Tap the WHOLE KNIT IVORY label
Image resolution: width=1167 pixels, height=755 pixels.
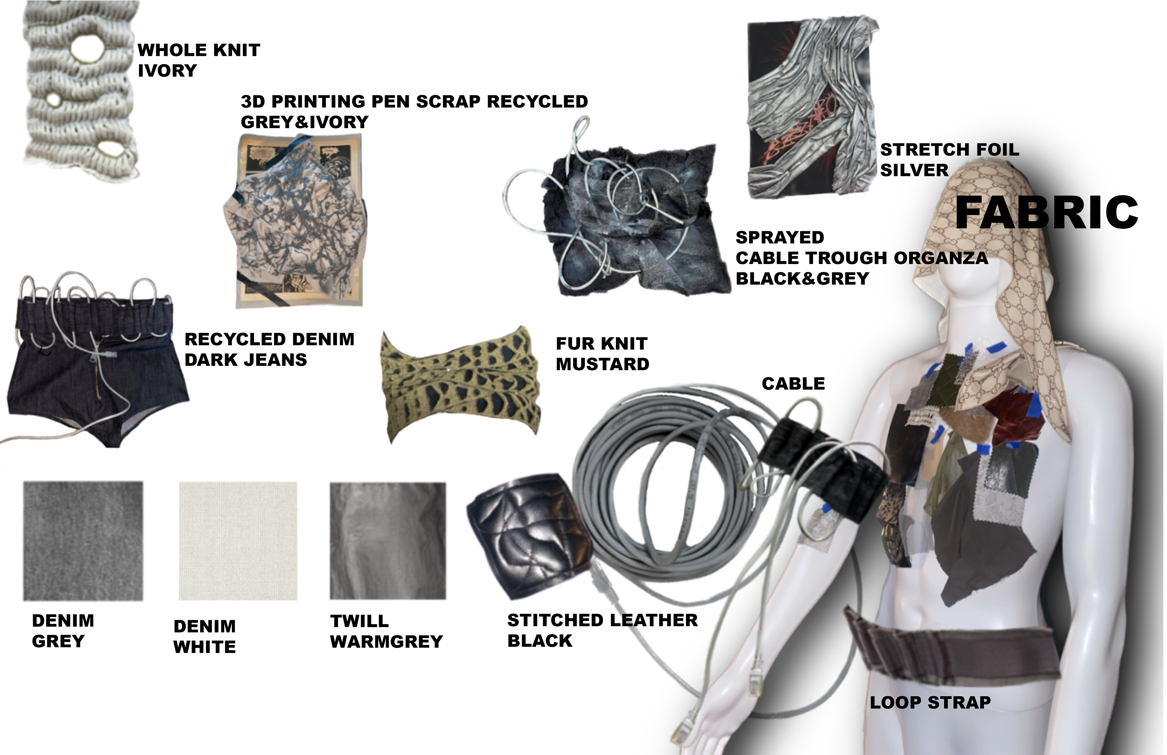click(x=198, y=60)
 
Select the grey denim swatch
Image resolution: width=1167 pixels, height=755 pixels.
click(x=83, y=541)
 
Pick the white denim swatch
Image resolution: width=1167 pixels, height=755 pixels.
click(x=238, y=541)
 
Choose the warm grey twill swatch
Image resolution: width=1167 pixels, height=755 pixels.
click(x=388, y=541)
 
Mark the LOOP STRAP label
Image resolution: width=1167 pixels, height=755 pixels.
click(x=930, y=702)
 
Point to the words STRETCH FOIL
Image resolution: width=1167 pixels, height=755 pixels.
click(x=950, y=149)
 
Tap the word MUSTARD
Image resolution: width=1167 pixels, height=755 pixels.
click(x=603, y=364)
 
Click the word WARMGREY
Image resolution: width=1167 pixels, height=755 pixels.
click(x=386, y=642)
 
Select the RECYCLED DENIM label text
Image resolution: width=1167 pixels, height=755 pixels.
click(x=269, y=339)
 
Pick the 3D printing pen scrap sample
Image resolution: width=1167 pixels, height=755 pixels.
click(x=296, y=221)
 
